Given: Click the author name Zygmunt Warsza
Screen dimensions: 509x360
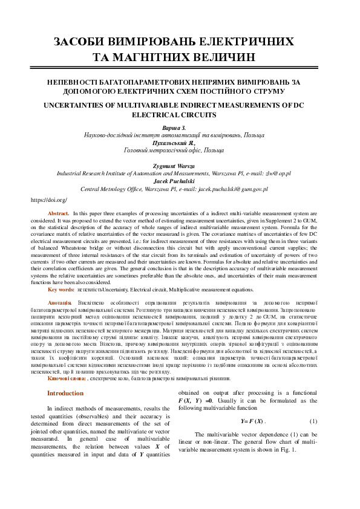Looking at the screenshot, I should click(174, 165).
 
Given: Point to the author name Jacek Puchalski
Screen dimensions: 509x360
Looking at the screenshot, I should click(174, 181).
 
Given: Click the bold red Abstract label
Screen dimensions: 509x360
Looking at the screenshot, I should click(59, 213).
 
